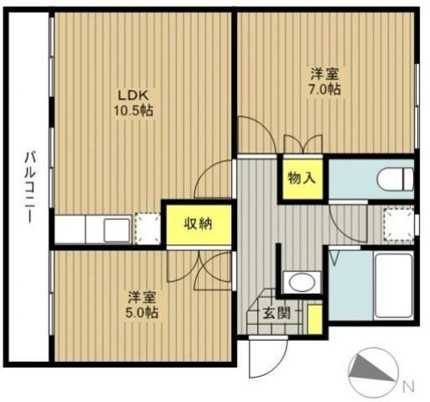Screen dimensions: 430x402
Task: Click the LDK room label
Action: click(133, 95)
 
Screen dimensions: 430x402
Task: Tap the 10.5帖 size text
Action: click(133, 111)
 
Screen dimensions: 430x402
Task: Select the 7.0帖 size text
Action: click(325, 89)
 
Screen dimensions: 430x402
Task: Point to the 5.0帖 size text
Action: click(142, 313)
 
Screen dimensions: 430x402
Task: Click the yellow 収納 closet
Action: click(198, 225)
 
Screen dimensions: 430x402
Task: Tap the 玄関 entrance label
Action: click(276, 313)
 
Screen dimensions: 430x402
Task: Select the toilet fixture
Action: click(395, 179)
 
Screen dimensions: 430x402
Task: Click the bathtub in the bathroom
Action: click(393, 286)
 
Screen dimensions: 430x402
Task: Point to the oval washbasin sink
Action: click(302, 282)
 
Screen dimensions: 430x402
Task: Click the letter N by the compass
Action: click(408, 386)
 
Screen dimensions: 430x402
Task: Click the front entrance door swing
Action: click(268, 357)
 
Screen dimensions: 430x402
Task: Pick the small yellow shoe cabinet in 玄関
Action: click(314, 319)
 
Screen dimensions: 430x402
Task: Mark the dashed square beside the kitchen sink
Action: click(148, 229)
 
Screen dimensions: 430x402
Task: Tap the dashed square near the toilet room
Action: click(398, 225)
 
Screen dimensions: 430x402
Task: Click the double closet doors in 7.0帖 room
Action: click(303, 144)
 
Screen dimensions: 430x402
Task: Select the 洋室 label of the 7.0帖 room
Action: click(325, 73)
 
